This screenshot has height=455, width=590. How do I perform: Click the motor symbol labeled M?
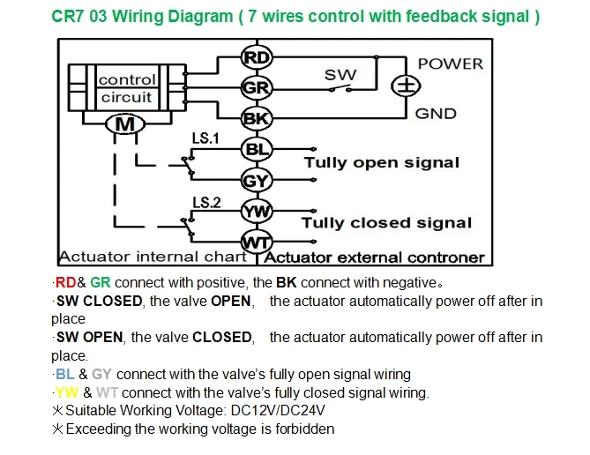point(125,123)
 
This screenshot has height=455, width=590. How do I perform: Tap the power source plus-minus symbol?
point(406,86)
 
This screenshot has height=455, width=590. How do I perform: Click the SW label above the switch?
point(340,75)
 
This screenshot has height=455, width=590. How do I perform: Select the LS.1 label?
point(205,138)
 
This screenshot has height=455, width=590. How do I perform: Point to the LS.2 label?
point(206,203)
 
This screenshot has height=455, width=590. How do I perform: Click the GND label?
point(436,113)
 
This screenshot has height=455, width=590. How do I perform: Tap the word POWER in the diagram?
point(451,63)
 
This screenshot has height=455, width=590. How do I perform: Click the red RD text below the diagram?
point(65,282)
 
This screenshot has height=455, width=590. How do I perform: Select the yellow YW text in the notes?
point(67,392)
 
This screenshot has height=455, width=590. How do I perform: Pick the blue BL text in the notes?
point(64,374)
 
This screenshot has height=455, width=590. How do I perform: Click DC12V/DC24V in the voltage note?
point(278,410)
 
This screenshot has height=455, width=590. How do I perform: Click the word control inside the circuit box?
point(127,79)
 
